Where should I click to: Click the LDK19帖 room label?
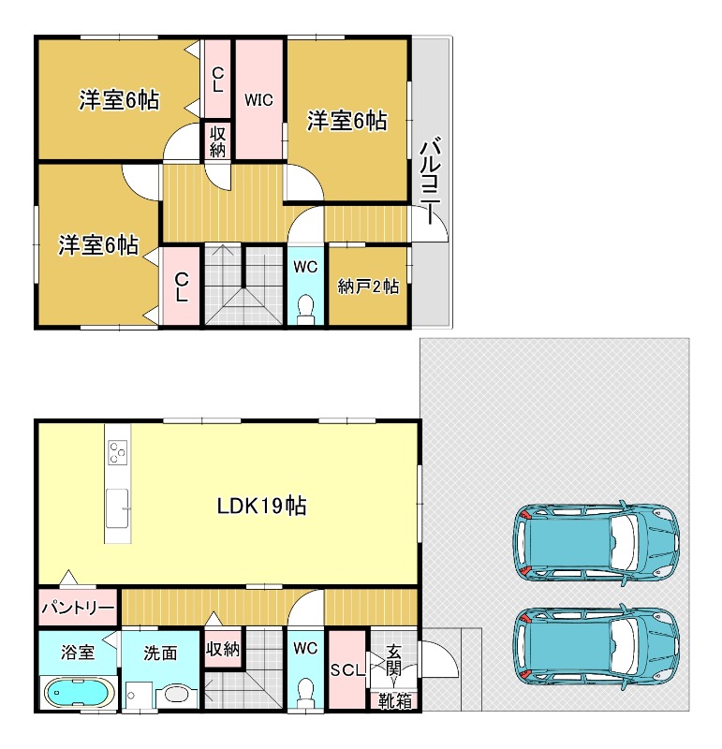[x=262, y=506]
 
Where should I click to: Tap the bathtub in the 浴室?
[x=80, y=692]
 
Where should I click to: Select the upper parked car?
[x=596, y=543]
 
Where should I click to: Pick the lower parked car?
[x=596, y=648]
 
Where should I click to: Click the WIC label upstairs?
[x=258, y=100]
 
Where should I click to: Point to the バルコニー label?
[x=430, y=181]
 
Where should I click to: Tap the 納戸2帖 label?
[x=368, y=286]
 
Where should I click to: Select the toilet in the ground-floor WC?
[x=305, y=694]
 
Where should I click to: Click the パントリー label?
[x=78, y=608]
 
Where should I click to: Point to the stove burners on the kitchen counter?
[x=118, y=452]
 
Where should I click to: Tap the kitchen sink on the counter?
[x=118, y=508]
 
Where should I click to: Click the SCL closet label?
[x=347, y=669]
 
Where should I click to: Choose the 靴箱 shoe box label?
[x=394, y=700]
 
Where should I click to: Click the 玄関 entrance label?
[x=393, y=660]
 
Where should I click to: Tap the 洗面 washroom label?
[x=160, y=653]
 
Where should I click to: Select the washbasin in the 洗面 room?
[x=177, y=695]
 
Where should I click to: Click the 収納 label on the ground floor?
[x=223, y=649]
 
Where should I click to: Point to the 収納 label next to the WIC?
[x=217, y=141]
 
